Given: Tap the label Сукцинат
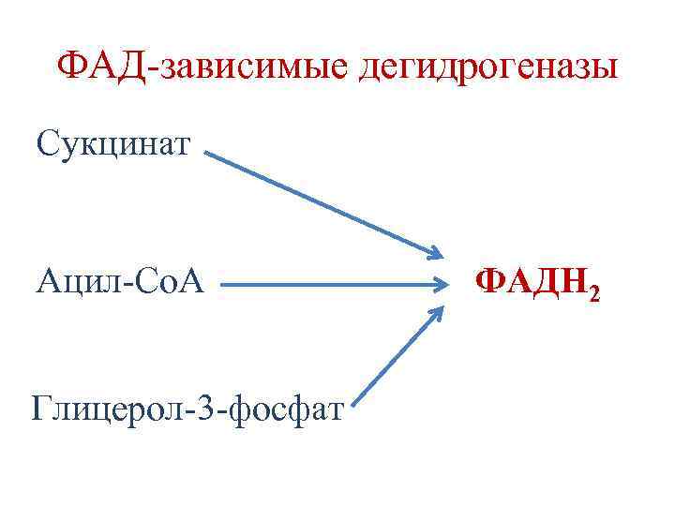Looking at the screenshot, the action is point(113,144).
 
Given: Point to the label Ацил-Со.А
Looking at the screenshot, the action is point(119,279).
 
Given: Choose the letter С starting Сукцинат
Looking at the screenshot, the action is point(47,144).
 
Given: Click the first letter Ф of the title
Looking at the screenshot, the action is point(72,67).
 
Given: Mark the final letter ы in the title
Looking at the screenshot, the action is point(607,68).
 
